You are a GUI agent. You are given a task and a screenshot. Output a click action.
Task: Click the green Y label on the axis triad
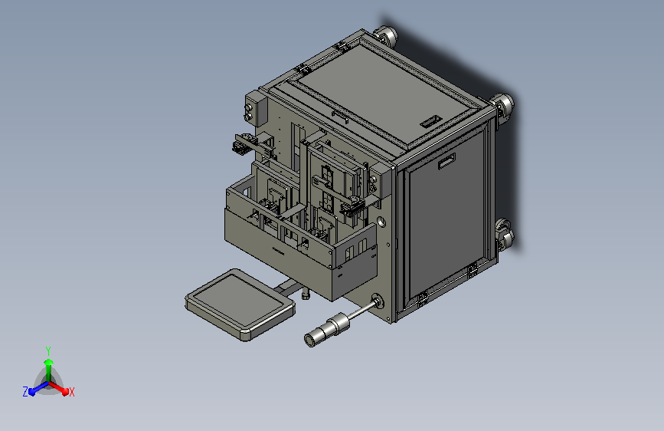[48, 350]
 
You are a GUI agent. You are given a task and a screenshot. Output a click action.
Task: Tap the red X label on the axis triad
[71, 393]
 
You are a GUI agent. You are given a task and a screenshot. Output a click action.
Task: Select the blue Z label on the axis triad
[25, 392]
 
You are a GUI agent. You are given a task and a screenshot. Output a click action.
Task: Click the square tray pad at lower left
[240, 304]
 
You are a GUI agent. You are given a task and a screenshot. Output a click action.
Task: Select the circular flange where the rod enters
[377, 301]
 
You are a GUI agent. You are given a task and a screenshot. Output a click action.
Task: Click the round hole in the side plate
[381, 222]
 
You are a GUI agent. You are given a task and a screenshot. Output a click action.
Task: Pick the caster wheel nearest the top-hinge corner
[386, 37]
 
